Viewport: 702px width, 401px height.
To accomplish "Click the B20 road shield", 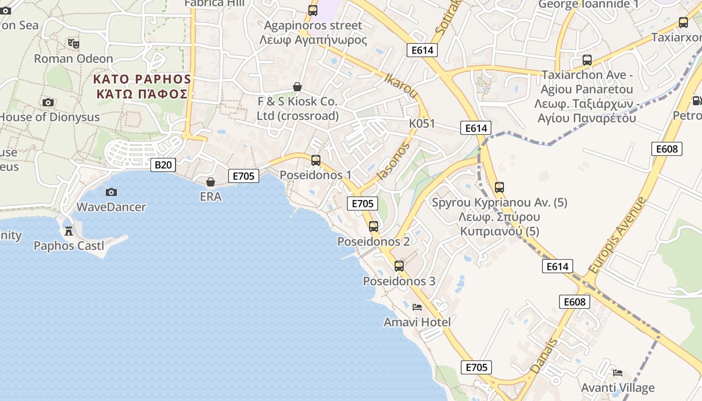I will coord(163,164).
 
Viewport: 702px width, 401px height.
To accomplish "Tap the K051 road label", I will coord(422,124).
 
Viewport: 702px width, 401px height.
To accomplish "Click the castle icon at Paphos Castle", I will coord(69,231).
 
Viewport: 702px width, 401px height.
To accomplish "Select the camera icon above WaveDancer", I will coord(111,192).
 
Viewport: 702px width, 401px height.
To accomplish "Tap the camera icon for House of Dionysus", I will coord(48,103).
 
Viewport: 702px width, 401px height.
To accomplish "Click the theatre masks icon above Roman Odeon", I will coord(74,44).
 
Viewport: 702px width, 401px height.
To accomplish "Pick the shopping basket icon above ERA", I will coord(211,181).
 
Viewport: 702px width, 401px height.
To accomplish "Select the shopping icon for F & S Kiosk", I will coord(297,87).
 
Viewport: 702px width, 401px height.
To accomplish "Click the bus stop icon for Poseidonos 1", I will coord(316,160).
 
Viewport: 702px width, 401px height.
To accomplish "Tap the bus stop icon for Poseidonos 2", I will coord(374,226).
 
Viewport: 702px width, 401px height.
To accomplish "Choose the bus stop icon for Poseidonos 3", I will coord(399,266).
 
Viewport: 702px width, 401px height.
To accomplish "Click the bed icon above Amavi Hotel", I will coord(417,307).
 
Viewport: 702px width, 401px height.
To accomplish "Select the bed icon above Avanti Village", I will coord(618,373).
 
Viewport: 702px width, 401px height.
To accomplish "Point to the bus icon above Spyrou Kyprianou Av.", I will coord(499,187).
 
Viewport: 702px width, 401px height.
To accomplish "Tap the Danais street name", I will coord(544,356).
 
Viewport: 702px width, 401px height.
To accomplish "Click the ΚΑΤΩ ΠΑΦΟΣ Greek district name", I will coord(142,94).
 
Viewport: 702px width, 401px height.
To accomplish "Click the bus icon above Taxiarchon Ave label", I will coord(587,60).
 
